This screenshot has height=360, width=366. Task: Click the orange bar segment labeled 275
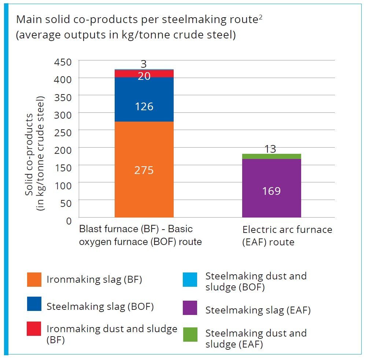coord(144,170)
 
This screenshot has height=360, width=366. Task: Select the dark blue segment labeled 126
coord(144,99)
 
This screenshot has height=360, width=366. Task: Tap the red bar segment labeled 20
coord(144,74)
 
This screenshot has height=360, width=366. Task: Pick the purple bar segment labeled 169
coord(271,188)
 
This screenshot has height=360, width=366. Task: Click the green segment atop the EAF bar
coord(271,156)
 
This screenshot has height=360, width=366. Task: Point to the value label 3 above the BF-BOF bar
coord(144,64)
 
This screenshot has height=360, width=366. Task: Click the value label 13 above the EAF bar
coord(270,149)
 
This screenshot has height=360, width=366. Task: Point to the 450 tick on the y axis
coord(63,62)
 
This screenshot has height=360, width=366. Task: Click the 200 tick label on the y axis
coord(63,150)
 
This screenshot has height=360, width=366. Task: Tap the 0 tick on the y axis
coord(69,221)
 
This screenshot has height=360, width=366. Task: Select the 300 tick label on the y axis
coord(63,115)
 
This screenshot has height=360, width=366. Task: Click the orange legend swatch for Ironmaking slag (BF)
coord(34,279)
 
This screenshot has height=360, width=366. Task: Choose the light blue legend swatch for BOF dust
coord(190,279)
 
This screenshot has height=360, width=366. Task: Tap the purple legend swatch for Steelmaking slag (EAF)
coord(190,308)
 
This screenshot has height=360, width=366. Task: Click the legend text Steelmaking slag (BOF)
coord(100,307)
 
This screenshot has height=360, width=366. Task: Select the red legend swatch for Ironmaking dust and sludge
coord(34,329)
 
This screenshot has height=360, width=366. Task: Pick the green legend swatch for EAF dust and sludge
coord(190,335)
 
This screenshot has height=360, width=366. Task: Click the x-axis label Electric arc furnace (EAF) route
coord(287,235)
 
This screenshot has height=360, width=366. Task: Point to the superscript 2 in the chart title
coord(260,18)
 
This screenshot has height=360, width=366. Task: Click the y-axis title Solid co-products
coord(29,155)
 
